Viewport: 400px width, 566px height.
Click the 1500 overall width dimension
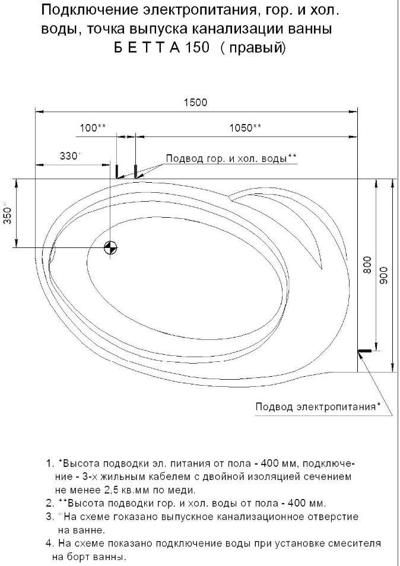coord(195,103)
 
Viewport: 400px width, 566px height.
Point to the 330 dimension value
coord(69,156)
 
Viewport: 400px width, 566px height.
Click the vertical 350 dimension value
coord(7,214)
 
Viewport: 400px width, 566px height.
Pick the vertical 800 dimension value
coord(367,265)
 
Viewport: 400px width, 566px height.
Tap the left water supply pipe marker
coord(117,171)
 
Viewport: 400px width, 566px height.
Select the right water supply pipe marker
coord(136,171)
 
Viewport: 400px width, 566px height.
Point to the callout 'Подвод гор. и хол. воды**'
coord(231,158)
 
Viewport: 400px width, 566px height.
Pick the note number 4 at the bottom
coord(49,543)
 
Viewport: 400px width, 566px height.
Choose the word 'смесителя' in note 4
coord(355,543)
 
